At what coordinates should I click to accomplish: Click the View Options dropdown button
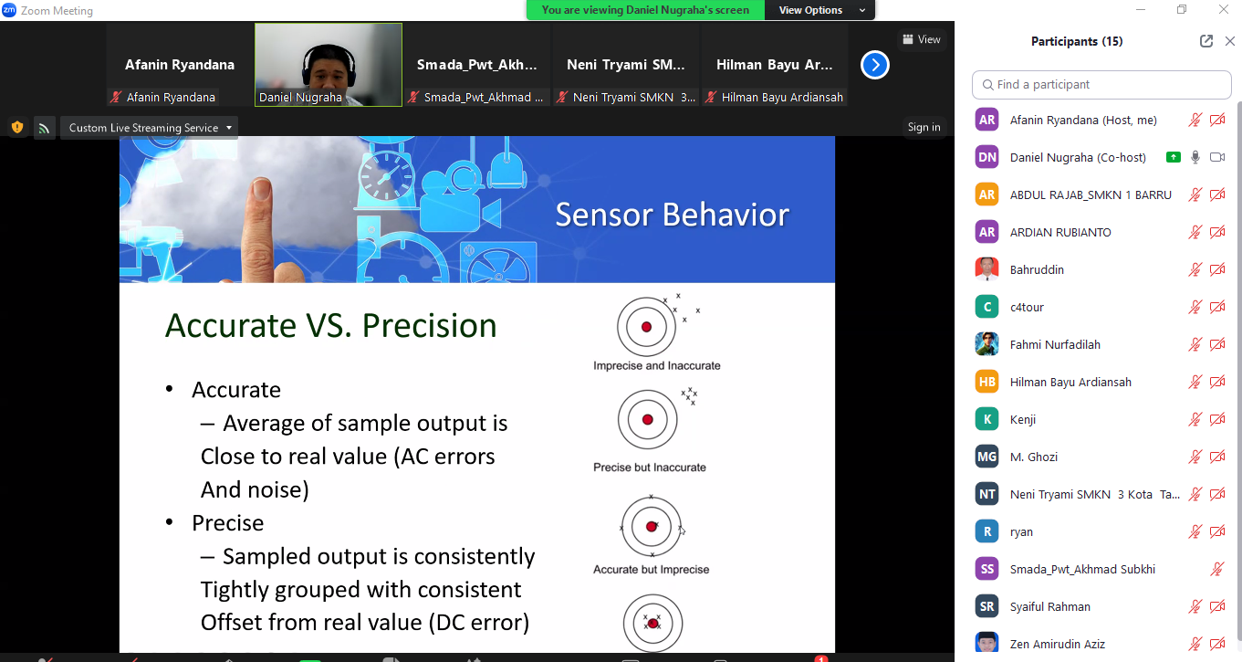[x=819, y=10]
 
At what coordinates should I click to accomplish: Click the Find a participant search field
[x=1101, y=84]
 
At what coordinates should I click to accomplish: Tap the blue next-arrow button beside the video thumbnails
[x=875, y=65]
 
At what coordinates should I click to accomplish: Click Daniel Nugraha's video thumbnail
[x=329, y=64]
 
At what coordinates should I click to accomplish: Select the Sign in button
[x=924, y=127]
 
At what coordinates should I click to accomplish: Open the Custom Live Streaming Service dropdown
[x=149, y=128]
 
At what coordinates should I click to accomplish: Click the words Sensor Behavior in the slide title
[x=672, y=215]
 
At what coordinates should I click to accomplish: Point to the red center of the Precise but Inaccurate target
[x=647, y=419]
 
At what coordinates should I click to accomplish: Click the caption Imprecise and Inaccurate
[x=656, y=365]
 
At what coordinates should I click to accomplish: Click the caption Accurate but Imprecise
[x=651, y=570]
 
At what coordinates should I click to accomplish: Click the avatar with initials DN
[x=987, y=157]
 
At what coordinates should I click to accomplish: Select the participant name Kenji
[x=1022, y=419]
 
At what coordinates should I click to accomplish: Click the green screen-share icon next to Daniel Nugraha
[x=1173, y=157]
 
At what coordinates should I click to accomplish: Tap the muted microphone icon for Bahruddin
[x=1195, y=269]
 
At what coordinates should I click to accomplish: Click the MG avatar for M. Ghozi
[x=987, y=457]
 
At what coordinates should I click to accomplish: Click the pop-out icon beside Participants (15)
[x=1206, y=41]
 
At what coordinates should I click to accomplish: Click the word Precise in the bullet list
[x=228, y=522]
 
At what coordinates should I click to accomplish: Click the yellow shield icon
[x=17, y=128]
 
